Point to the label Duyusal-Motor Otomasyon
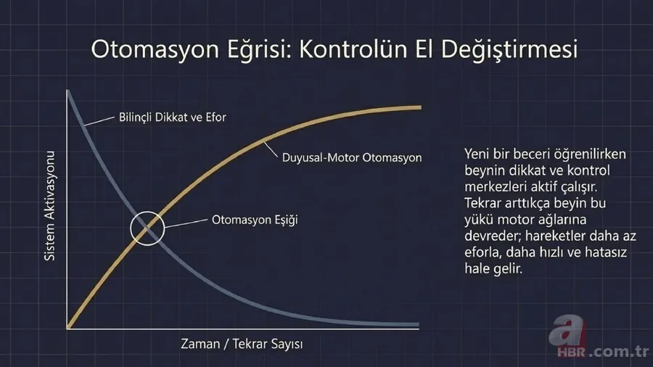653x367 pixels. pos(351,157)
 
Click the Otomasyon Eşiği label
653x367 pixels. pos(255,218)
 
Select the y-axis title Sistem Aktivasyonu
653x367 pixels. pos(50,207)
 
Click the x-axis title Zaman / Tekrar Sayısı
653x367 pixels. pos(242,344)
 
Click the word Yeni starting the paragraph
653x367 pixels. pos(477,155)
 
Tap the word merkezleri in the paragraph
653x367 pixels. pos(493,187)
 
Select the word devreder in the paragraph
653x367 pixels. pos(490,235)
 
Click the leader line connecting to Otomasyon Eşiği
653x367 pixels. pos(184,222)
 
